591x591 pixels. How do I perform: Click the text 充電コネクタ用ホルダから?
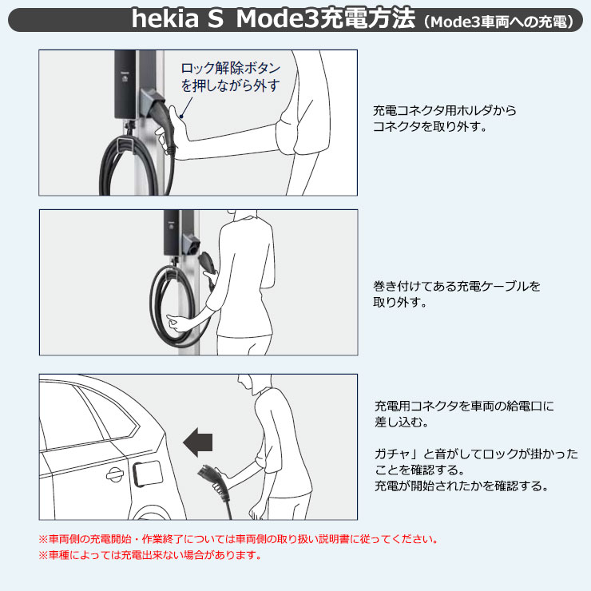tap(445, 110)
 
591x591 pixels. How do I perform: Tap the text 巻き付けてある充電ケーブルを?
tap(456, 286)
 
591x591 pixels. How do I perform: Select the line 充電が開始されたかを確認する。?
tap(462, 486)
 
